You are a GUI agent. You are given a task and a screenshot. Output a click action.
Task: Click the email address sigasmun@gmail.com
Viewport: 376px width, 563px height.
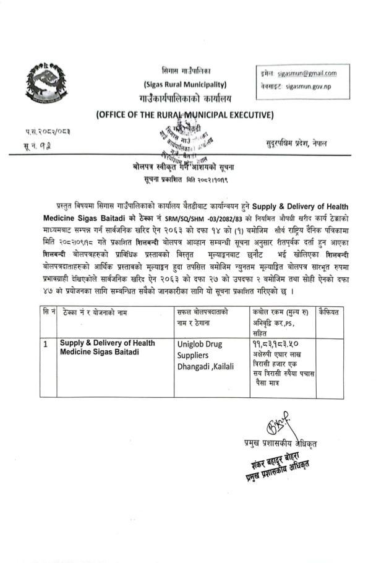pyautogui.click(x=307, y=74)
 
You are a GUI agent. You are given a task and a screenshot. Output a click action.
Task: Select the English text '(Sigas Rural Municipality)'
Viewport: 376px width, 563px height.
pyautogui.click(x=185, y=84)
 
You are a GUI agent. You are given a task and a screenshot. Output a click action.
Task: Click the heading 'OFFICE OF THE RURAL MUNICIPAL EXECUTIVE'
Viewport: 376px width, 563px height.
pyautogui.click(x=185, y=114)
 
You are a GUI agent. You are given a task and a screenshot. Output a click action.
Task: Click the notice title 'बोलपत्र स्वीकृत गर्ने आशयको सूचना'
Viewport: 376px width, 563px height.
pyautogui.click(x=185, y=167)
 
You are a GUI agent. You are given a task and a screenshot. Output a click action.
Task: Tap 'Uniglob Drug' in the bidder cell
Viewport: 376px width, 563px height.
pyautogui.click(x=203, y=344)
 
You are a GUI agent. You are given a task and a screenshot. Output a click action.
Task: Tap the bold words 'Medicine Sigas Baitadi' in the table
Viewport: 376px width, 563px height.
pyautogui.click(x=100, y=352)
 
